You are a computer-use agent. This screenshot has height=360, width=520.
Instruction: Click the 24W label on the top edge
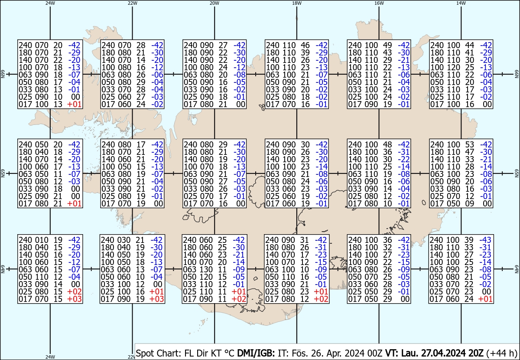50,3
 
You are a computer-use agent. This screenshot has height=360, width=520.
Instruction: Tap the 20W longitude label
214,3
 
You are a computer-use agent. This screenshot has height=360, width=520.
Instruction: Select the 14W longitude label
461,3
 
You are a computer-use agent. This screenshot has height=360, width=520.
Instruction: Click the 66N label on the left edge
3,74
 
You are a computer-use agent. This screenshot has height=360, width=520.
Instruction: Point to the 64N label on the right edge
517,269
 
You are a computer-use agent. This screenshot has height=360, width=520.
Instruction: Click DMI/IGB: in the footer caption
256,353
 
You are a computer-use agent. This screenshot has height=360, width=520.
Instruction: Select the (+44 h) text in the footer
502,353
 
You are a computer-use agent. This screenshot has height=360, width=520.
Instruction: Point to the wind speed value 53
469,144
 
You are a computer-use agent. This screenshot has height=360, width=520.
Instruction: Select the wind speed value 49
387,45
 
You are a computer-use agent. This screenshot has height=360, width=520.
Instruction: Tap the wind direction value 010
42,240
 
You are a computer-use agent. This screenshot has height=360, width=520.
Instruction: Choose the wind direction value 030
124,240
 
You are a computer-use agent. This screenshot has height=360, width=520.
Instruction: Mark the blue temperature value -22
404,159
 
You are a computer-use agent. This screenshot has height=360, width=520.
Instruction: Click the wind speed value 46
305,45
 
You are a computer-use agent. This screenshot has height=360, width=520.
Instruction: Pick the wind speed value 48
387,144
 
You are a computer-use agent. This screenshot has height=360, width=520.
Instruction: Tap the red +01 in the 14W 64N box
485,299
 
